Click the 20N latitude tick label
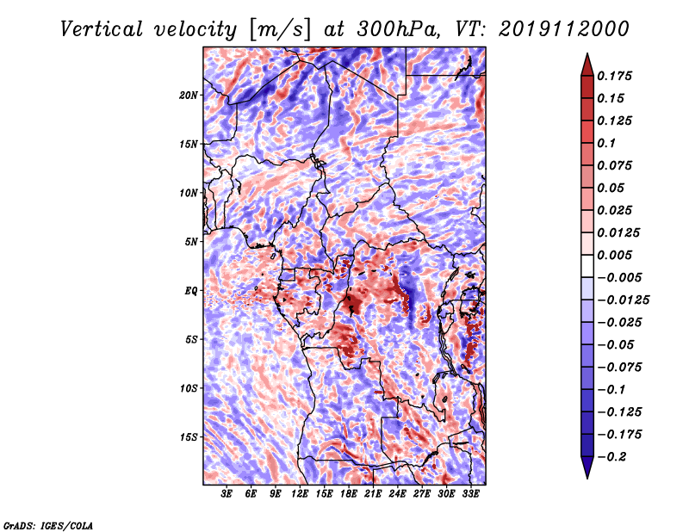coord(189,96)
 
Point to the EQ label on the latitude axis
coord(190,291)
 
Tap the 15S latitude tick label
coord(189,437)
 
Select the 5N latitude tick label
coord(191,242)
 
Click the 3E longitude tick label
coord(227,494)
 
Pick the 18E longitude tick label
coord(349,494)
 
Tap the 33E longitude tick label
coord(470,494)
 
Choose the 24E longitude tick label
coord(397,494)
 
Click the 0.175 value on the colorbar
coord(614,76)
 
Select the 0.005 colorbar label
coord(614,255)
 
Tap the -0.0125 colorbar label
coord(623,300)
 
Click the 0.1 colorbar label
coord(606,143)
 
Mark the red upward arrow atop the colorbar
coord(587,65)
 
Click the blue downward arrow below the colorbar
coord(587,467)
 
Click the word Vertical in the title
coord(102,29)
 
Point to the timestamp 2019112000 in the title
coord(564,29)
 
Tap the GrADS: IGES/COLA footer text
coord(48,526)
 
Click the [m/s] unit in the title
coord(282,30)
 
